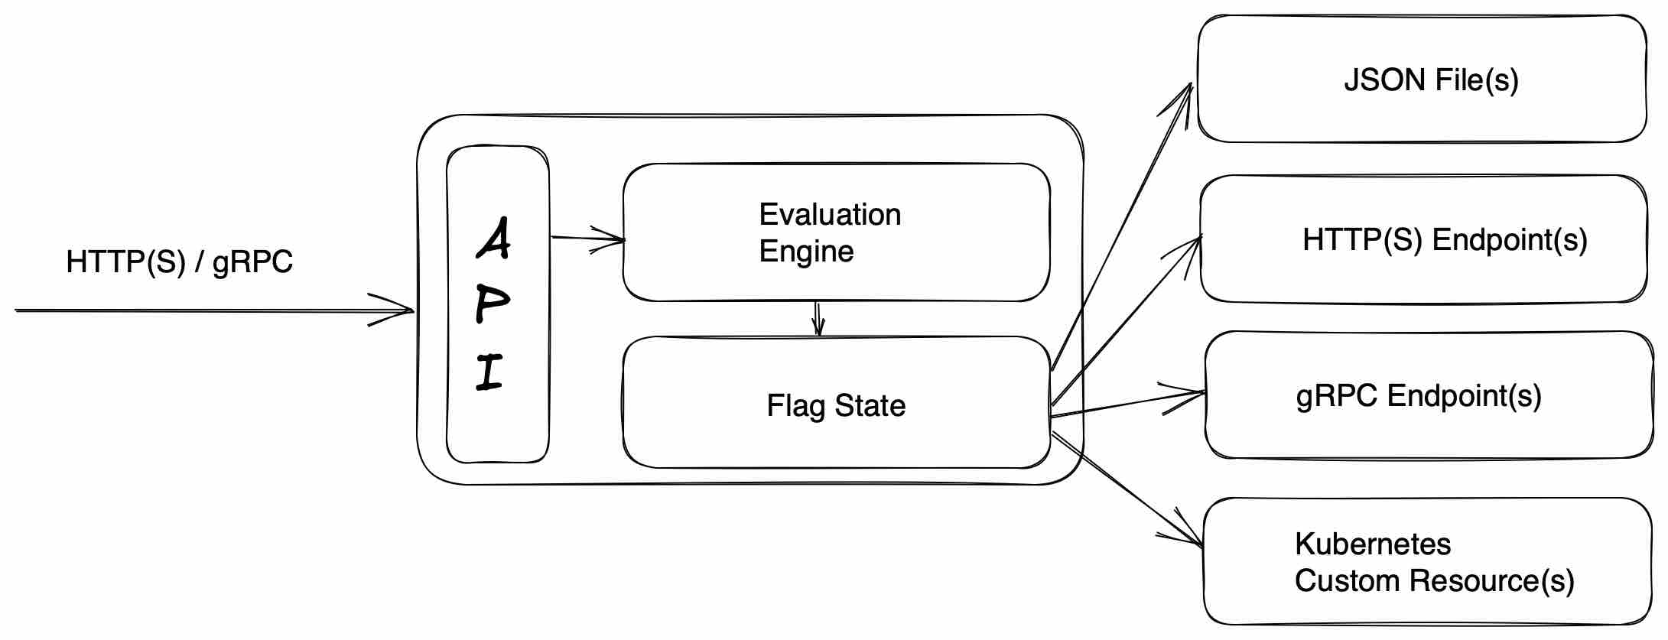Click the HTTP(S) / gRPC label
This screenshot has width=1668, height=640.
(179, 262)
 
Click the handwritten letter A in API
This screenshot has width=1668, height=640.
(494, 239)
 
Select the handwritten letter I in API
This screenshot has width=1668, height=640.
(489, 372)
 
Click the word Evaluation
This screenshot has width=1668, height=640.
(830, 215)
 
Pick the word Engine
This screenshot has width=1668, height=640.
(806, 252)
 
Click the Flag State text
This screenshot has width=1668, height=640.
(836, 405)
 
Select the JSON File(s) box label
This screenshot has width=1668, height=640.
(1431, 80)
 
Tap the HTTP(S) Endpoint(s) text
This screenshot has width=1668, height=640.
(1445, 240)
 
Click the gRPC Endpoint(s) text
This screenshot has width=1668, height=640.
(1419, 396)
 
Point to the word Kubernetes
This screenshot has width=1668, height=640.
(1373, 544)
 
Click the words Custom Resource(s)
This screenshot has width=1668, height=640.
(1434, 581)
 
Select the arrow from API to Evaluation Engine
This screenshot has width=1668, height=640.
(587, 239)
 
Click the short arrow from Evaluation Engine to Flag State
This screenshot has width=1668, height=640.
(818, 319)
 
